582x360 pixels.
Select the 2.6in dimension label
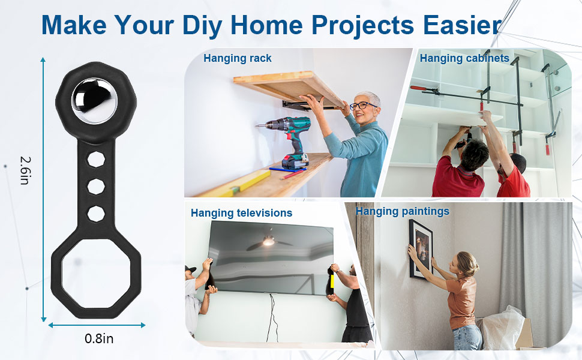(x=25, y=170)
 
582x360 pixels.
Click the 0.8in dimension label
(x=99, y=338)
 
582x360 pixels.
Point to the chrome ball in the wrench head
(x=94, y=101)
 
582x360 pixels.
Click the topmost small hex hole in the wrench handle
(x=96, y=159)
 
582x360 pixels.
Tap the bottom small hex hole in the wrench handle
(x=96, y=214)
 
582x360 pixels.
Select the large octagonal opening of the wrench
(x=96, y=274)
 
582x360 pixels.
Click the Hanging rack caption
(x=238, y=58)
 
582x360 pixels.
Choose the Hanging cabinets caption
(x=464, y=58)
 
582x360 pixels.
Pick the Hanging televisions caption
(x=242, y=213)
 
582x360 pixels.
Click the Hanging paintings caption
(x=403, y=212)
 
